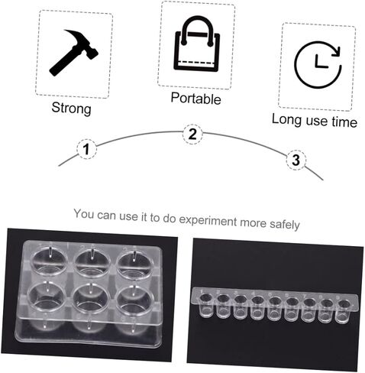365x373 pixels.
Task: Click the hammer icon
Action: click(x=74, y=53)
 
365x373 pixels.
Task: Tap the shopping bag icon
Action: click(x=196, y=44)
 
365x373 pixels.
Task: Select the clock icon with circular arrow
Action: click(x=318, y=65)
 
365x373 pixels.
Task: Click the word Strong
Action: click(x=71, y=109)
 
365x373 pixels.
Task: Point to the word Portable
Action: click(x=195, y=98)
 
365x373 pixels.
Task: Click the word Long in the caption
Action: click(x=287, y=119)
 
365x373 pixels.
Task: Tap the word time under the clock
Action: click(x=344, y=122)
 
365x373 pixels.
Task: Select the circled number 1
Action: click(x=86, y=149)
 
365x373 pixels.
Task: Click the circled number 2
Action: click(x=192, y=134)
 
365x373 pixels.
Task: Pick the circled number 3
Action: click(x=296, y=161)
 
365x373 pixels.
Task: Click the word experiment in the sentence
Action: click(x=208, y=221)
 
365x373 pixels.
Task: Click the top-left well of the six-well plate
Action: click(x=48, y=261)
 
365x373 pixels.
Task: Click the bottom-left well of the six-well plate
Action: click(x=47, y=297)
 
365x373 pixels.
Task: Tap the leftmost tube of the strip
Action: click(x=206, y=305)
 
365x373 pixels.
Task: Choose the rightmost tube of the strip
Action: click(x=344, y=311)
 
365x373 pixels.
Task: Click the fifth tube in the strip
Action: click(x=274, y=308)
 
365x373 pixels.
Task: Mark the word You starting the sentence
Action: click(x=84, y=213)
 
